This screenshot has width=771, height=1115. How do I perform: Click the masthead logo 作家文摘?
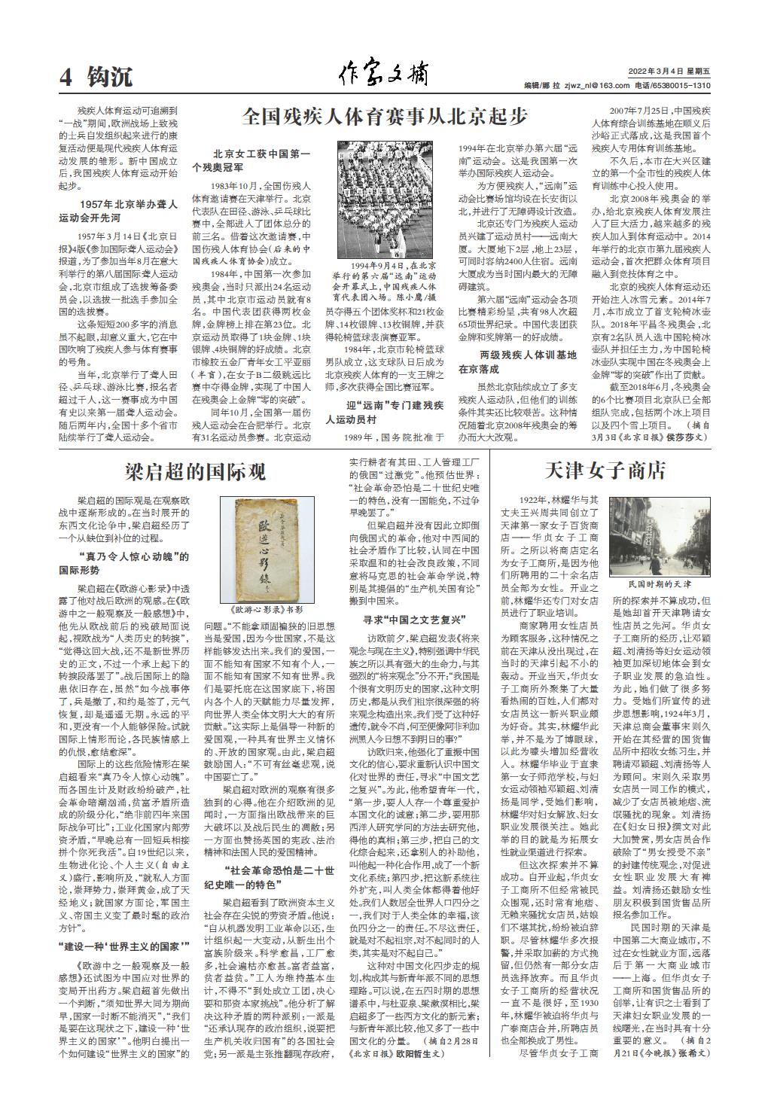tap(384, 75)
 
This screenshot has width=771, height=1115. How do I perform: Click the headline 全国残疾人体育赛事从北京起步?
tap(385, 117)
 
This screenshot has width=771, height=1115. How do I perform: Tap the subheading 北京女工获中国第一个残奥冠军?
tap(251, 160)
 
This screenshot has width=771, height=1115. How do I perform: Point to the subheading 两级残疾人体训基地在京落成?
tap(518, 361)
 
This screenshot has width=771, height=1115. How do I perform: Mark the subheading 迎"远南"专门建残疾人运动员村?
tap(383, 412)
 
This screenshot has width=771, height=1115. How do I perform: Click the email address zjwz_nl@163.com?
tap(599, 85)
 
